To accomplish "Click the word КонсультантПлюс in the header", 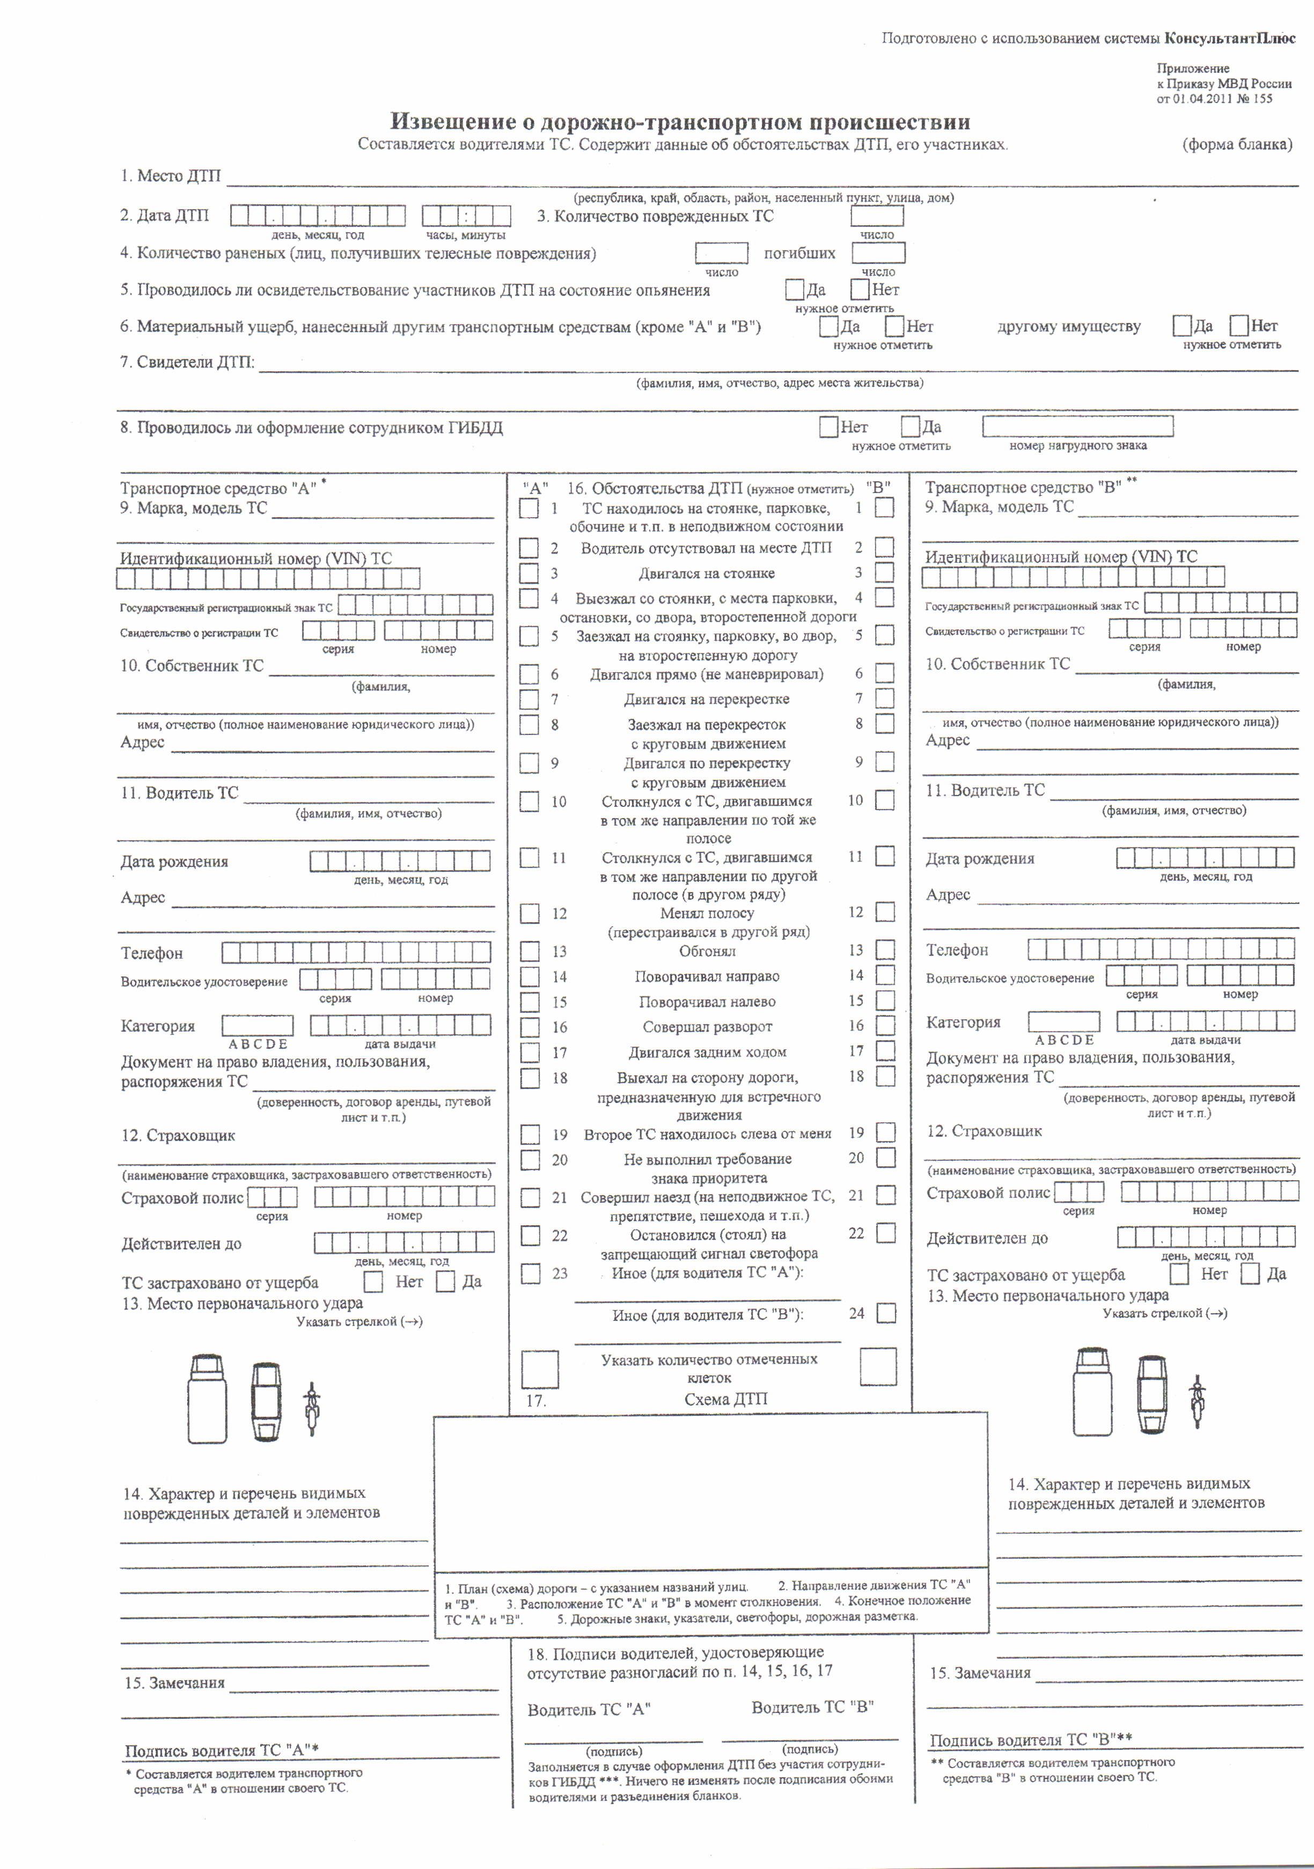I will pos(1229,38).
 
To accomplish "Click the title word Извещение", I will pos(453,122).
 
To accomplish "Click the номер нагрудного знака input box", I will pos(1077,426).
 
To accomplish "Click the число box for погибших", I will pos(878,253).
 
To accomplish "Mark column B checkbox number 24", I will pos(886,1313).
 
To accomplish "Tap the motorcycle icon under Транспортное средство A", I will pos(311,1408).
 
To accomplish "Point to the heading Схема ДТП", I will pos(724,1399).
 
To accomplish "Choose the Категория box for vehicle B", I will pos(1063,1021).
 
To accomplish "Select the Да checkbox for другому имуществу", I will pos(1181,326).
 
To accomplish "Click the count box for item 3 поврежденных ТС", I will pos(877,216).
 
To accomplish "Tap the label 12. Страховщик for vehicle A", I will pos(178,1136).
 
